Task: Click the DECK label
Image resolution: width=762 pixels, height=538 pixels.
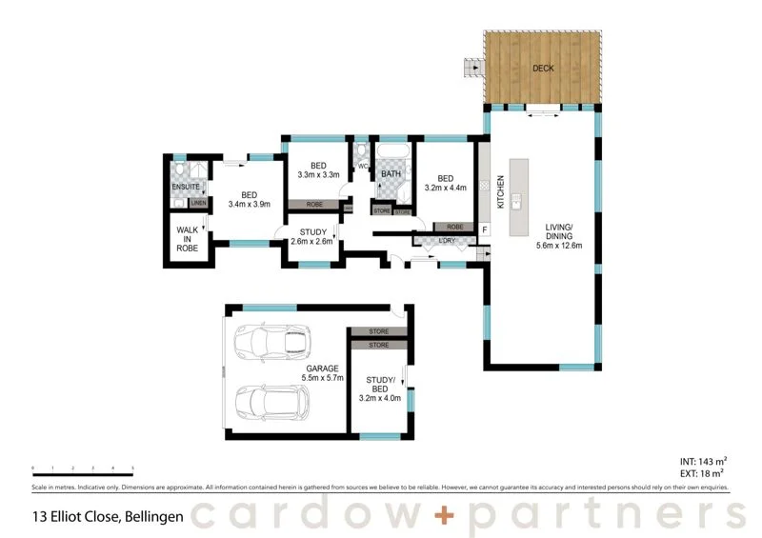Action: tap(542, 69)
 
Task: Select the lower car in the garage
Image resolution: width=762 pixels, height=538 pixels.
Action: tap(271, 403)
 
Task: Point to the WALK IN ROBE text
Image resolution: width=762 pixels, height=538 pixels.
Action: tap(186, 238)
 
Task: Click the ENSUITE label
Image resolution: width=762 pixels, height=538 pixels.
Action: tap(186, 187)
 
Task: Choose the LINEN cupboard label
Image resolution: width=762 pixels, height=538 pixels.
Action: tap(198, 203)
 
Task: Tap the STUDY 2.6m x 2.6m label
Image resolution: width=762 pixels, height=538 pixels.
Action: tap(312, 236)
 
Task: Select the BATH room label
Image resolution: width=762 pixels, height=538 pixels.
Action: tap(391, 174)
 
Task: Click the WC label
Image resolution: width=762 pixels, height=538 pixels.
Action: tap(362, 168)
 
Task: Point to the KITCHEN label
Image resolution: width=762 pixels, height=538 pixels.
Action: tap(500, 193)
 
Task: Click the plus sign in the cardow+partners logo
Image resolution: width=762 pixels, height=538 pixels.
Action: tap(449, 515)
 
